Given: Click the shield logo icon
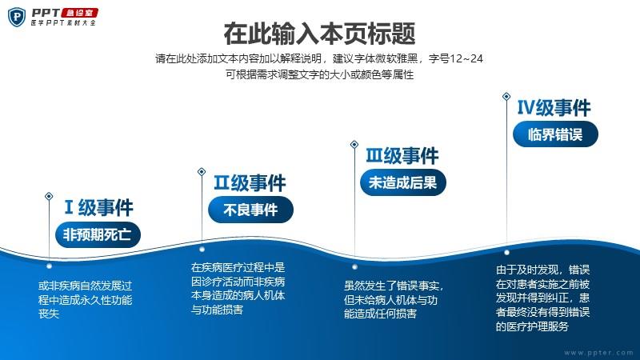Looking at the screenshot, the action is point(17,17).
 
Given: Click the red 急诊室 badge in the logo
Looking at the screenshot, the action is point(80,13).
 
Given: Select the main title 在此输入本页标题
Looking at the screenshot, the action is point(319,34).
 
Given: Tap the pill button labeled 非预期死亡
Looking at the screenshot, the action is point(98,234).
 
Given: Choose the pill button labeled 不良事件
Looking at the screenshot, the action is point(250,210).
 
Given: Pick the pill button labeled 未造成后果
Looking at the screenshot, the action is point(403,182).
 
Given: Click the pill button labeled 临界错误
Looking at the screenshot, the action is point(555,134).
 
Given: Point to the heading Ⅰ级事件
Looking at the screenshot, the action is point(98,207).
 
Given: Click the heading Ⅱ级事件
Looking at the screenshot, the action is point(250,182).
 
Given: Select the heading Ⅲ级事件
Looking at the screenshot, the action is point(402,155).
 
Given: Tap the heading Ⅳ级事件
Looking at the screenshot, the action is point(554,108).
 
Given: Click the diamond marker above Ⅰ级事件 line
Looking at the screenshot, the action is point(49,196).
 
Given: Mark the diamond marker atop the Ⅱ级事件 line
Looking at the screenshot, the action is point(202,172).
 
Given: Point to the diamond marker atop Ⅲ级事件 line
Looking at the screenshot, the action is point(354,145).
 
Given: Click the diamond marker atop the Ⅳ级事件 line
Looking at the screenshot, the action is point(506,96).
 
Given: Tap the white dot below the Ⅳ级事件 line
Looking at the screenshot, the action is point(506,253).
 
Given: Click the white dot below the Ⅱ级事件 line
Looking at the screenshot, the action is point(202,249).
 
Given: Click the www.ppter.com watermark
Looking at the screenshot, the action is point(598,353).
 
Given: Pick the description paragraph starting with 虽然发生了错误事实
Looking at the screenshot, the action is point(394,299).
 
